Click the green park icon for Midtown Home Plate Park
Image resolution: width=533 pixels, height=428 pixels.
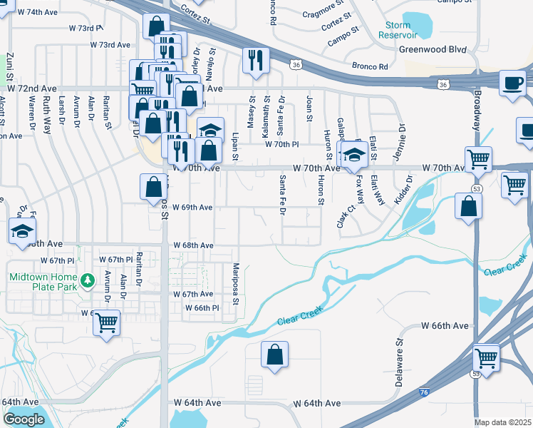click(88, 280)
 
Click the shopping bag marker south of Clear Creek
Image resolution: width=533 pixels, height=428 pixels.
click(274, 355)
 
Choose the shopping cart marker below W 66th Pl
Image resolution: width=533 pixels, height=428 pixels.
click(107, 322)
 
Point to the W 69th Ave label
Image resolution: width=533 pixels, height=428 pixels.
click(192, 208)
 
